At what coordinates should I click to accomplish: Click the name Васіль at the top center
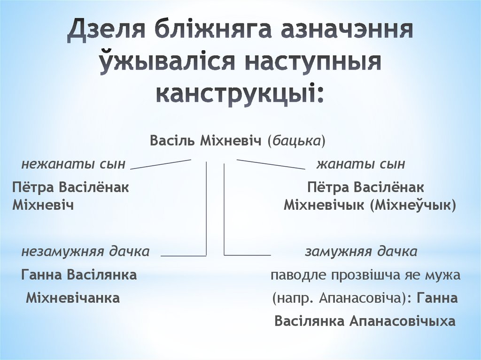[172, 141]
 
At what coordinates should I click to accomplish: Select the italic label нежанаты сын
[73, 164]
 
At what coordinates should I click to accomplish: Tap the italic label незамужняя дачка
[85, 251]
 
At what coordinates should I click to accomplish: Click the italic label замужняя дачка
[361, 251]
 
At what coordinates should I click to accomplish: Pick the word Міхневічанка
[73, 298]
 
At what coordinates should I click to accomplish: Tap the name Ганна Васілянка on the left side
[79, 275]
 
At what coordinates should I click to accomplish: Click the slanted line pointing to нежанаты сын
[161, 164]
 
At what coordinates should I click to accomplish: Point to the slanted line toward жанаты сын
[271, 164]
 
